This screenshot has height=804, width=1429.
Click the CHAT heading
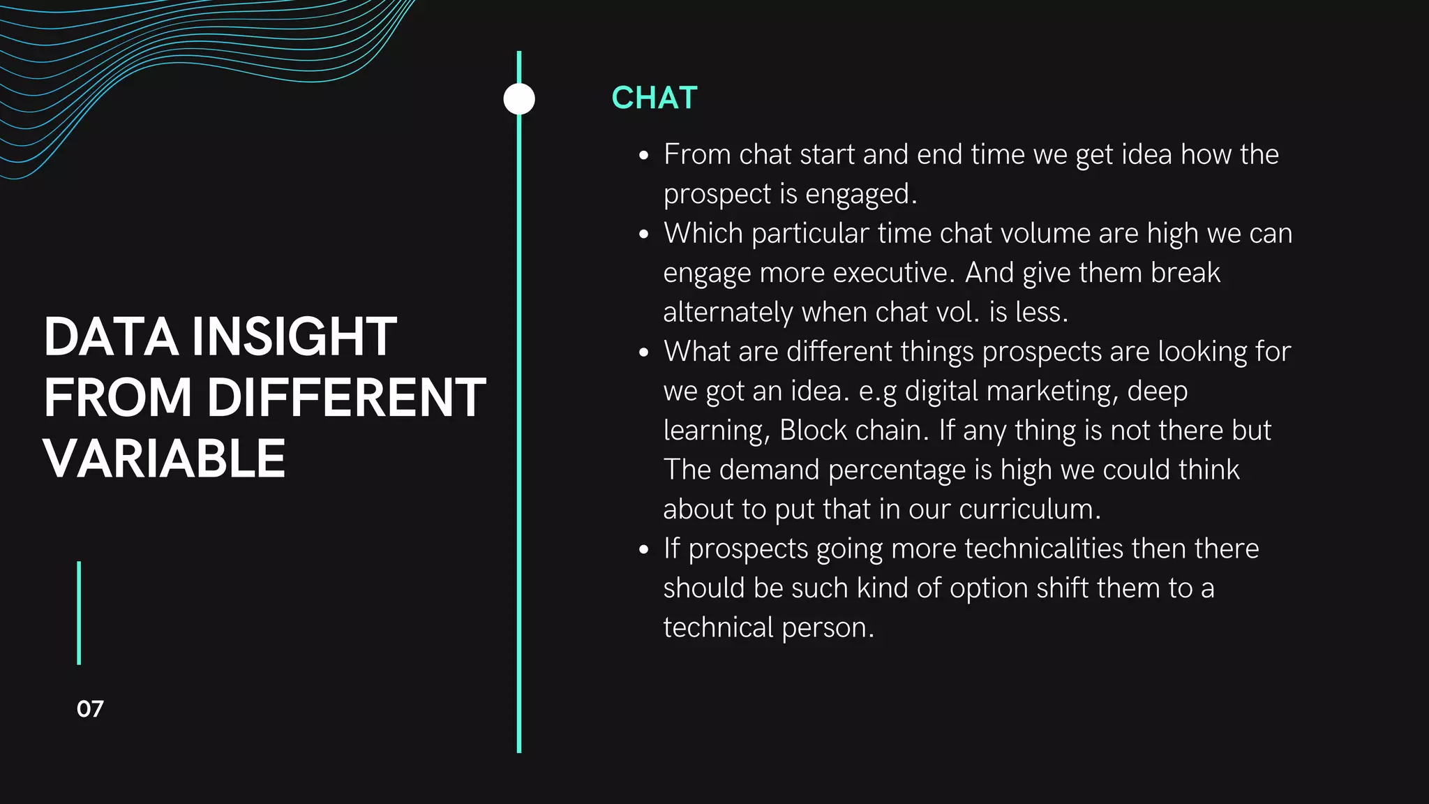654,98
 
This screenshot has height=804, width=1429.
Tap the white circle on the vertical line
519,99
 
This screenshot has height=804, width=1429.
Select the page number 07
90,709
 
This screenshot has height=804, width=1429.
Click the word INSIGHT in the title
294,337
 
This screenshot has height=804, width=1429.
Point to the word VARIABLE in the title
165,459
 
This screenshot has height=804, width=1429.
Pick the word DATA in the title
111,337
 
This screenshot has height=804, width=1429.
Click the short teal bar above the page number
79,613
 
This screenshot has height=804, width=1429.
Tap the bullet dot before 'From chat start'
644,156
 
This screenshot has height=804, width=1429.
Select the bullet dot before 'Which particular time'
644,234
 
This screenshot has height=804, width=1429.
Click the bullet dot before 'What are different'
644,353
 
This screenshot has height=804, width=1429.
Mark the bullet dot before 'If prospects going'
644,550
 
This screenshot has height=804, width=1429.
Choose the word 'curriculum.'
1030,509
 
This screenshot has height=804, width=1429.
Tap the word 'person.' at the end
828,628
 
